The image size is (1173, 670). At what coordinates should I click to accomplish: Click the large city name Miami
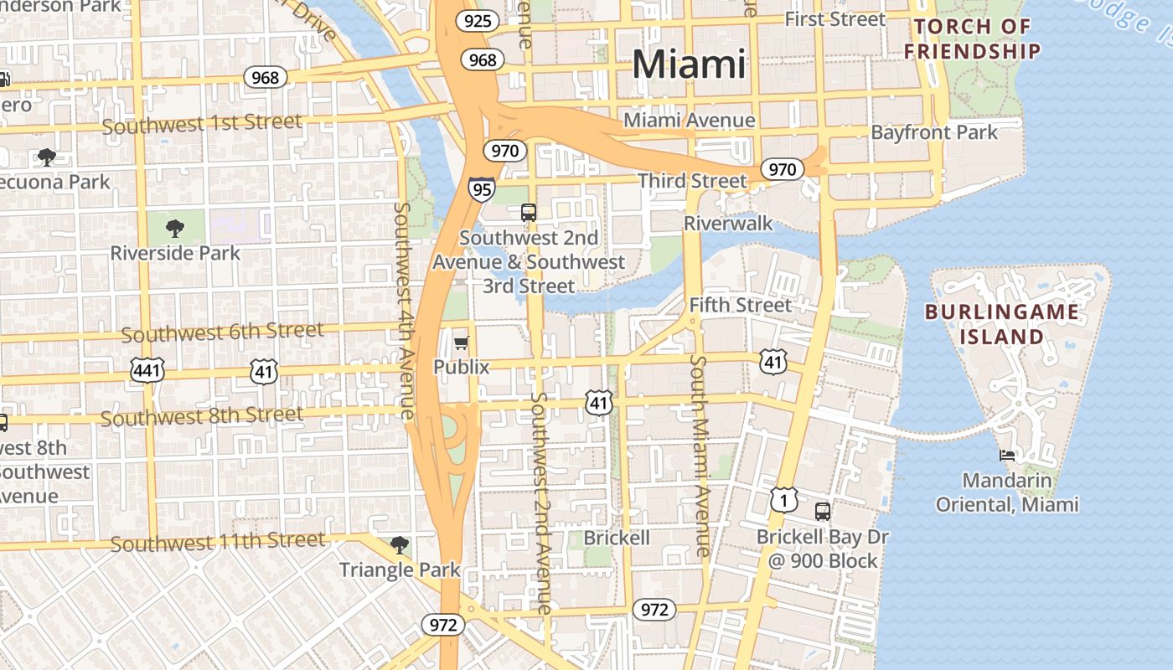pyautogui.click(x=689, y=64)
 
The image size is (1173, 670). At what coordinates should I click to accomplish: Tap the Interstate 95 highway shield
pyautogui.click(x=481, y=189)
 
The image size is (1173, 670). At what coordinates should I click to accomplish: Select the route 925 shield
pyautogui.click(x=478, y=20)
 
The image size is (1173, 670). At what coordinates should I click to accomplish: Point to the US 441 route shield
pyautogui.click(x=147, y=369)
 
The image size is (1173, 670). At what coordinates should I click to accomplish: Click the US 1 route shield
pyautogui.click(x=783, y=500)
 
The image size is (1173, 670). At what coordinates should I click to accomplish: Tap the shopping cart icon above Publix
pyautogui.click(x=461, y=343)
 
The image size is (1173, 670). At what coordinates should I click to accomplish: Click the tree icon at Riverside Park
pyautogui.click(x=175, y=228)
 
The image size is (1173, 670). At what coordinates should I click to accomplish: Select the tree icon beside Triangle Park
pyautogui.click(x=400, y=545)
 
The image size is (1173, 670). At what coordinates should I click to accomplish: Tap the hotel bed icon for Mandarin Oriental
pyautogui.click(x=1007, y=456)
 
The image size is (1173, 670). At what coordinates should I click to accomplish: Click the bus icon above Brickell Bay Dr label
pyautogui.click(x=823, y=511)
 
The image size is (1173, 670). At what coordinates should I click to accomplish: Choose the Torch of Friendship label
pyautogui.click(x=972, y=39)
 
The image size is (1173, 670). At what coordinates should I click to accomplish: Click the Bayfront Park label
pyautogui.click(x=934, y=132)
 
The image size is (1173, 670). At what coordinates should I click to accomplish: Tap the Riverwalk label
pyautogui.click(x=728, y=224)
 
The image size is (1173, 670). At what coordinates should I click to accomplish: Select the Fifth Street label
pyautogui.click(x=740, y=305)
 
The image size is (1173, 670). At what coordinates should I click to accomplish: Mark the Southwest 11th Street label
pyautogui.click(x=217, y=542)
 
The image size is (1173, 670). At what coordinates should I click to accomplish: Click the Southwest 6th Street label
pyautogui.click(x=222, y=332)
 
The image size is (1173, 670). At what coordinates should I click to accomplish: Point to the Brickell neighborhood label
pyautogui.click(x=616, y=538)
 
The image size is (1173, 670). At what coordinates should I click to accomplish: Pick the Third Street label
pyautogui.click(x=691, y=180)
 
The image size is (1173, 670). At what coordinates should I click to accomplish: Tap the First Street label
pyautogui.click(x=835, y=19)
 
